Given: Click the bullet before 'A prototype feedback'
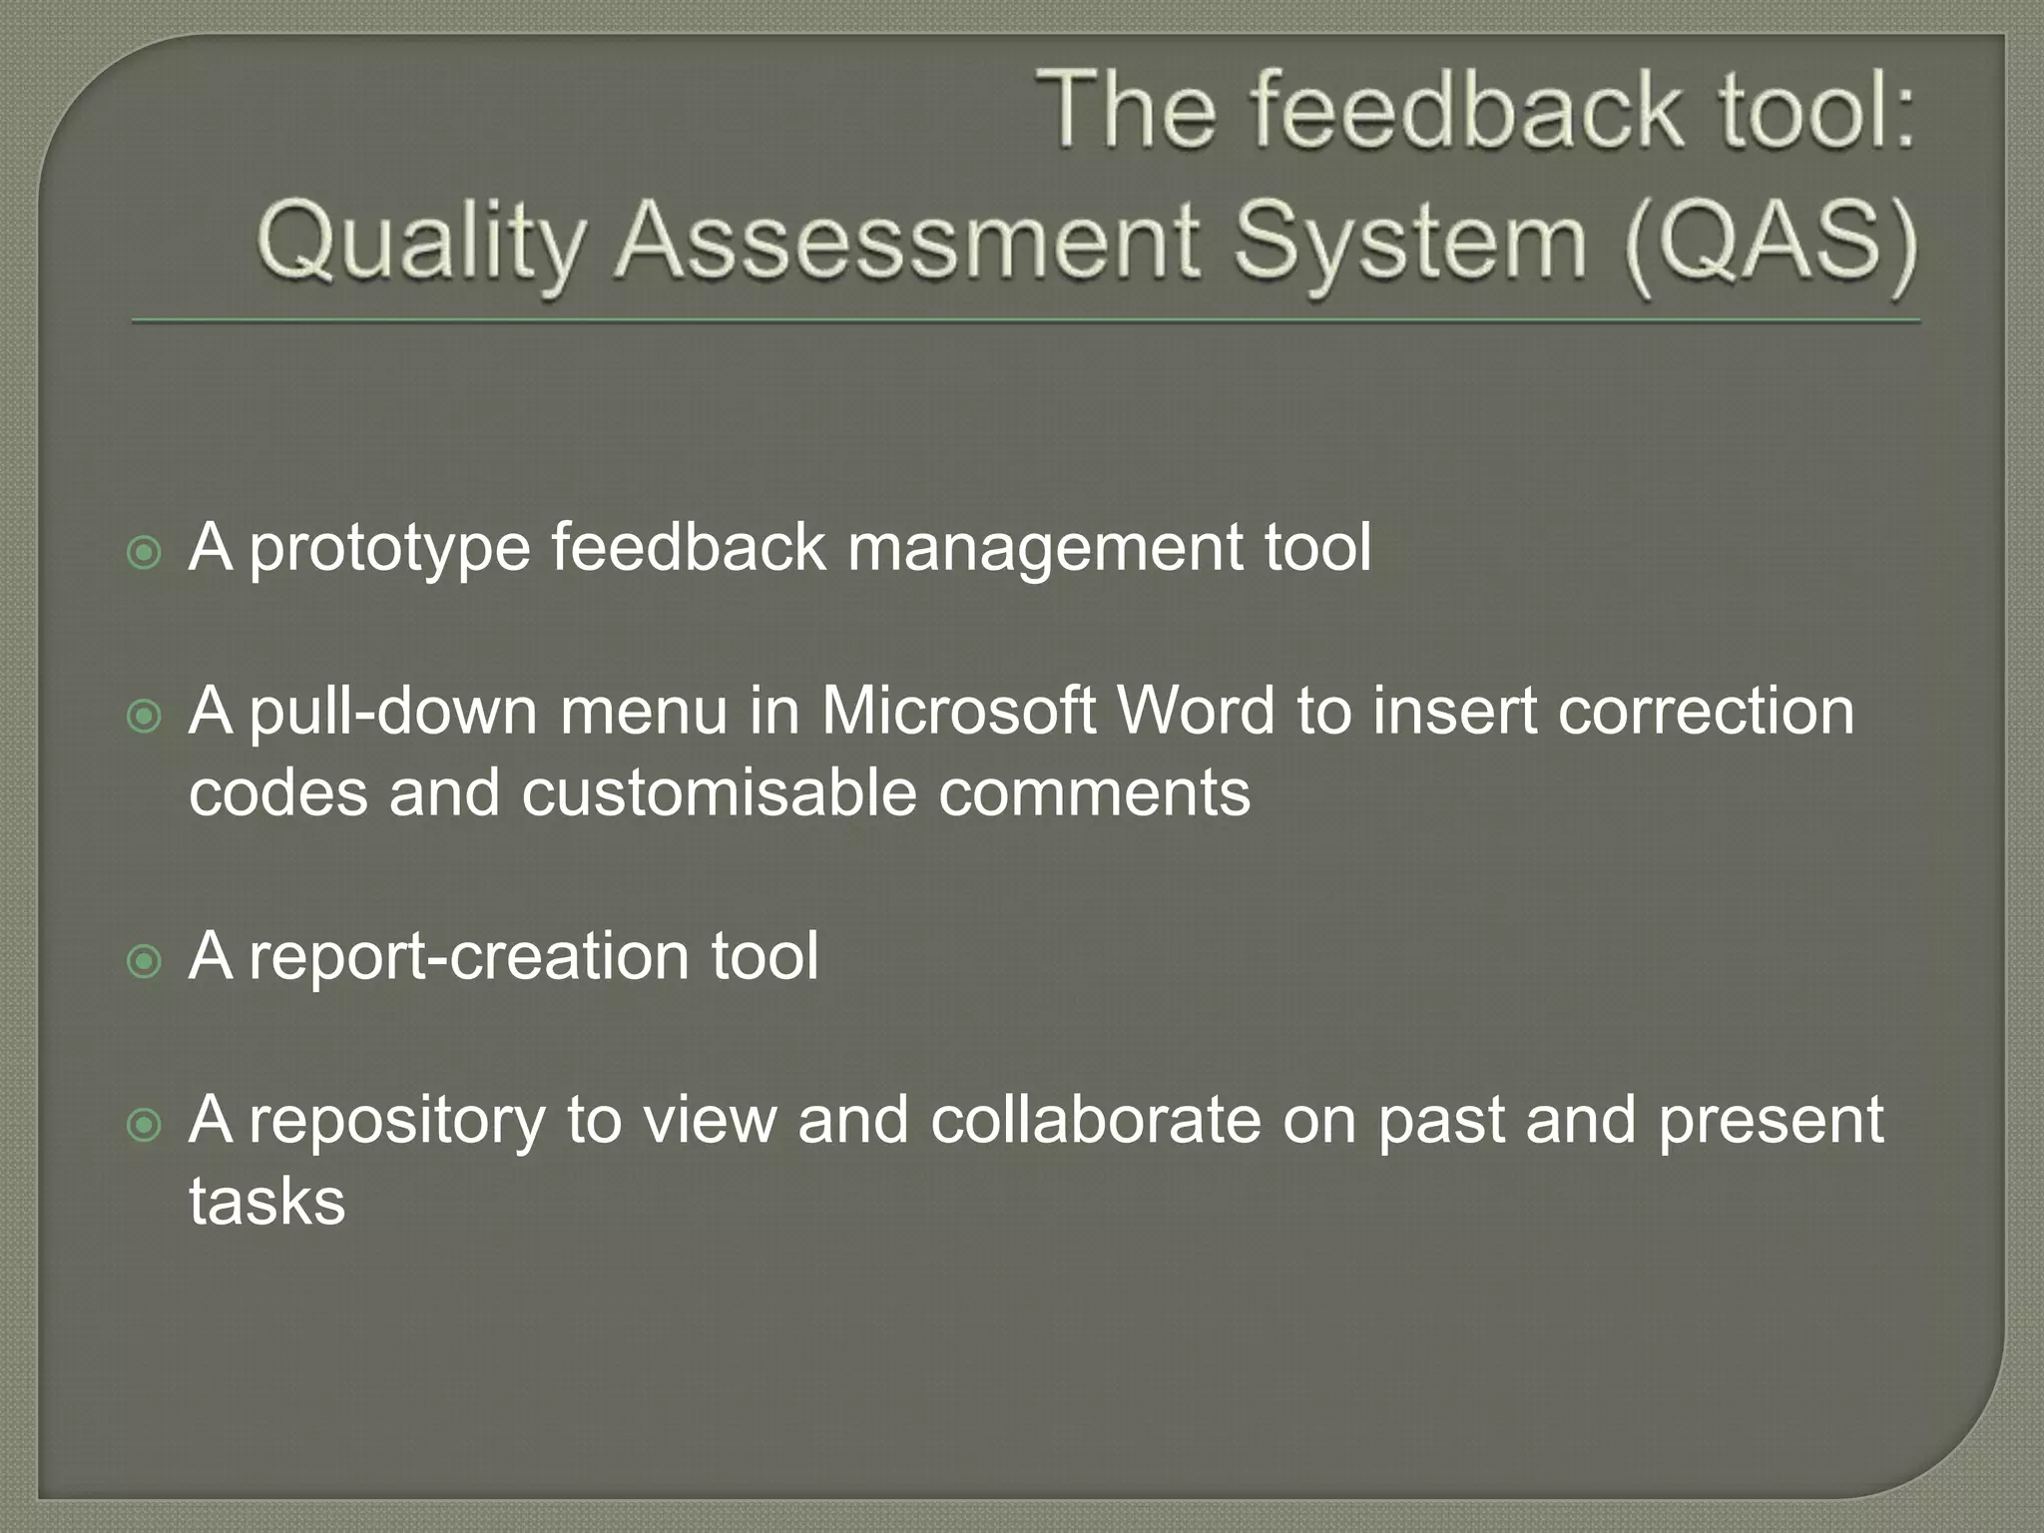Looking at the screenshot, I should point(146,553).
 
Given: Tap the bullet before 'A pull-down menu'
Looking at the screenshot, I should point(146,716).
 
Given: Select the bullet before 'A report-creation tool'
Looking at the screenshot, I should point(146,961).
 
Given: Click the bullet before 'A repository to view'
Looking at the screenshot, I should point(146,1125).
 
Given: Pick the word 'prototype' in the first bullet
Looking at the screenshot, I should point(389,549).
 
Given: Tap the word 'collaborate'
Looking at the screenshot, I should point(1096,1120).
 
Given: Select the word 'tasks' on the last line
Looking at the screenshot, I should point(267,1202).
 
